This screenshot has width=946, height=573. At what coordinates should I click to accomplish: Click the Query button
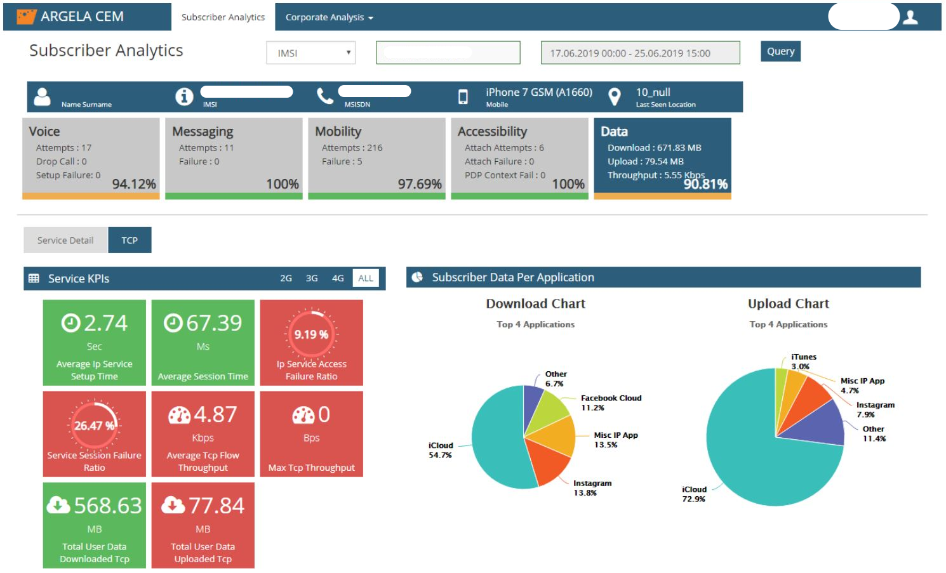coord(780,51)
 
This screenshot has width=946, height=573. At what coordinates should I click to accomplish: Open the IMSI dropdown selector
coord(310,53)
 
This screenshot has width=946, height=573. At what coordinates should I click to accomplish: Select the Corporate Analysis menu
coord(329,17)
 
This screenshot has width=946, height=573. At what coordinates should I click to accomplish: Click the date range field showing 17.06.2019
coord(640,53)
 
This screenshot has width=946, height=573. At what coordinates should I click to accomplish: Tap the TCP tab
coord(130,240)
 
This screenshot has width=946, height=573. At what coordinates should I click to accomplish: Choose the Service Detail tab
coord(65,240)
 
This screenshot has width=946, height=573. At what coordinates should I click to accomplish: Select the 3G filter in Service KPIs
coord(312,279)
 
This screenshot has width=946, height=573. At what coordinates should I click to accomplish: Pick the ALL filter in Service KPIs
coord(366,279)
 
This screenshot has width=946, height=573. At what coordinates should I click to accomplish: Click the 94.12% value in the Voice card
coord(134,184)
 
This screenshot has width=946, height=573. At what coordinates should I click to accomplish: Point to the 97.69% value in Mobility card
coord(420,184)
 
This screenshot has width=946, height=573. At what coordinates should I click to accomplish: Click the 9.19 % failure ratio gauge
coord(311,334)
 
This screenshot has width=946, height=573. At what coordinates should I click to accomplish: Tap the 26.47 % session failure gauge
coord(94,426)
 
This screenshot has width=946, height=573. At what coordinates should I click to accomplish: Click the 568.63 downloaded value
coord(107,506)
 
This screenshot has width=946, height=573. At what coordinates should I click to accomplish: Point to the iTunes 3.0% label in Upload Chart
coord(803,362)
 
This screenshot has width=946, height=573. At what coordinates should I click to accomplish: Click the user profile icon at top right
coord(910,17)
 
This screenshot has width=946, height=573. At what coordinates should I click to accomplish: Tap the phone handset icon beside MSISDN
coord(325,96)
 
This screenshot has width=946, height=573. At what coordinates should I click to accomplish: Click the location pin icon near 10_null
coord(614,96)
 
